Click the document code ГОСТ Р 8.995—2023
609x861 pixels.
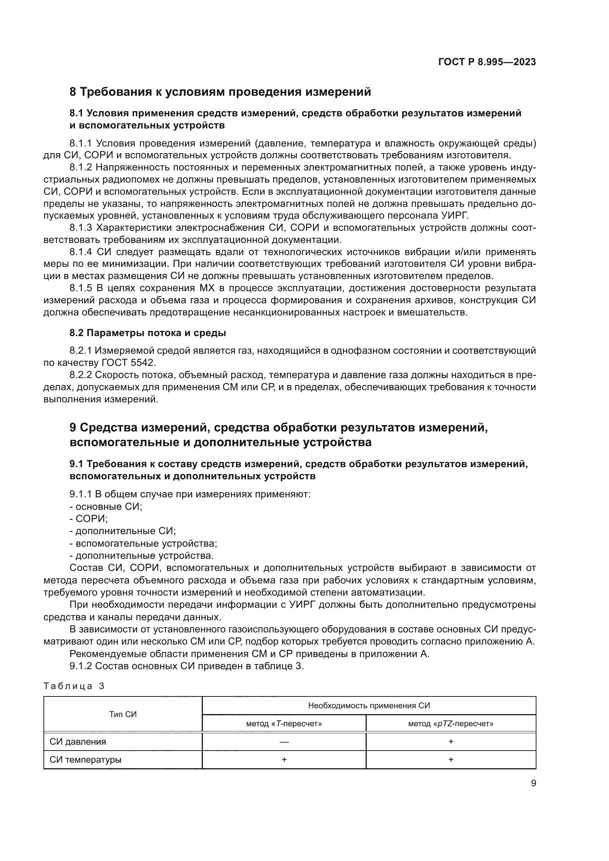(x=487, y=62)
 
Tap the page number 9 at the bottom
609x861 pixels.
(x=533, y=783)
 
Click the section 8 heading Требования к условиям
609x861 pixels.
(x=220, y=92)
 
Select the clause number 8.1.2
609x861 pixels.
(x=81, y=167)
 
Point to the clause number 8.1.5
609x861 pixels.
(x=81, y=288)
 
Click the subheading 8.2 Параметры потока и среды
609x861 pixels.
(x=148, y=333)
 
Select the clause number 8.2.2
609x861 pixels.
(x=81, y=375)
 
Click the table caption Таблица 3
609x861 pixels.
(x=74, y=686)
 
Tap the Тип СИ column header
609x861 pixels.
(x=123, y=714)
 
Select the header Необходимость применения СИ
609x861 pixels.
(x=369, y=705)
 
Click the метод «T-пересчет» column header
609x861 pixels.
(x=284, y=724)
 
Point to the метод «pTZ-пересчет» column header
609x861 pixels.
(x=450, y=724)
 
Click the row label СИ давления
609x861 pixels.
(x=78, y=741)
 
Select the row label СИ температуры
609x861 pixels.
(x=85, y=760)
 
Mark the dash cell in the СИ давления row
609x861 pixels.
(x=284, y=741)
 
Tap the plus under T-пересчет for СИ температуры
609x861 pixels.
(x=284, y=760)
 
